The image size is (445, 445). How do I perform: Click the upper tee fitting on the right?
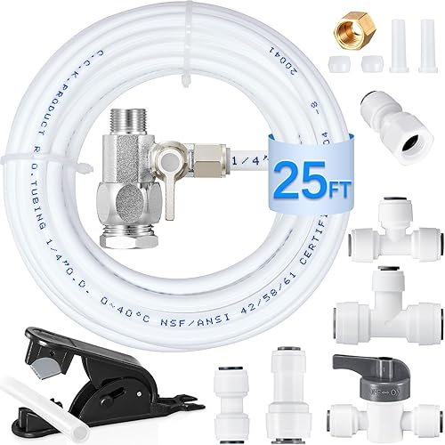391,240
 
